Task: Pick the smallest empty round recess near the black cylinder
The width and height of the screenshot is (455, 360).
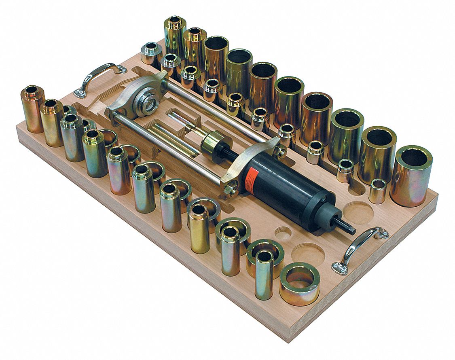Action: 283,233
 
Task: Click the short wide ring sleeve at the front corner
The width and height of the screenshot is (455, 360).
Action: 300,283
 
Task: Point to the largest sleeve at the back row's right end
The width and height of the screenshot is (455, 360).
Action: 412,176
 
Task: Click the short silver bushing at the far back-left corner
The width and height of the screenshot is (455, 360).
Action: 151,53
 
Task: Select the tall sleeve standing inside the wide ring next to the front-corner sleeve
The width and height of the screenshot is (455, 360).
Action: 264,273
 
